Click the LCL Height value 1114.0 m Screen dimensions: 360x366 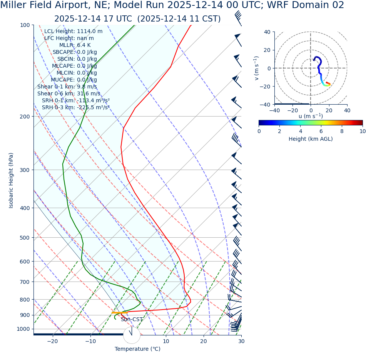pos(90,32)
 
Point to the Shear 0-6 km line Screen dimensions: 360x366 pos(69,94)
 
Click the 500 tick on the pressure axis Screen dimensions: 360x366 pos(25,238)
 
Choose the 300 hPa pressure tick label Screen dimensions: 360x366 pos(25,170)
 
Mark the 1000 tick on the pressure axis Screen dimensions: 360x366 pos(23,329)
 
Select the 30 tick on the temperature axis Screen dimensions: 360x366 pos(241,341)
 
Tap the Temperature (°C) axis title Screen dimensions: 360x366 pos(137,349)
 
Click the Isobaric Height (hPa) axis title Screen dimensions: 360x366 pos(11,180)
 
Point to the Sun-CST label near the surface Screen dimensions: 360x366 pos(132,320)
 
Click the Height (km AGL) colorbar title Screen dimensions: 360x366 pos(311,139)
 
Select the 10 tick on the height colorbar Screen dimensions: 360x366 pos(362,131)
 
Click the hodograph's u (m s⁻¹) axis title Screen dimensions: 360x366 pos(311,116)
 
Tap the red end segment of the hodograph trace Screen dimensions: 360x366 pos(328,83)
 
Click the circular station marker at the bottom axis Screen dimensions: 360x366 pos(132,335)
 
